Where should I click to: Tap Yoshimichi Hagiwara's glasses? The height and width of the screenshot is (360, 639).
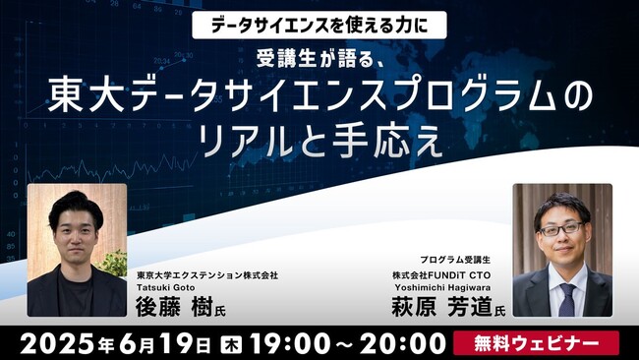(x=562, y=227)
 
